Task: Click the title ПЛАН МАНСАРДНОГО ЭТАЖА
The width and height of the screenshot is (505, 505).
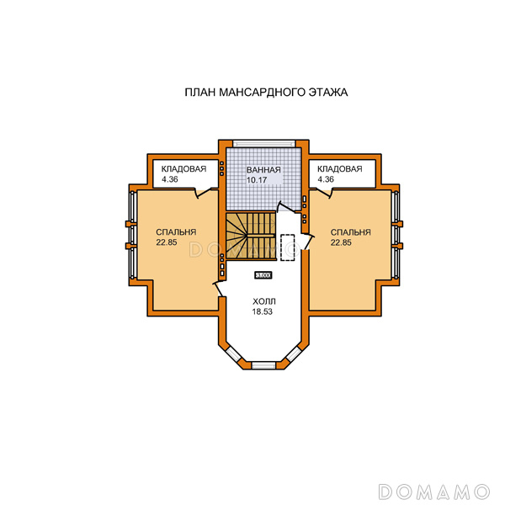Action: pyautogui.click(x=266, y=93)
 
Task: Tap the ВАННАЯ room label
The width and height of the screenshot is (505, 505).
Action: pyautogui.click(x=263, y=170)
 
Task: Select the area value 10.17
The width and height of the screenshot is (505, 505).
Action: pyautogui.click(x=257, y=180)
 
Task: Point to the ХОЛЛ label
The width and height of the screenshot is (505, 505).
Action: pyautogui.click(x=263, y=302)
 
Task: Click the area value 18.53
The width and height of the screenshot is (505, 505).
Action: pyautogui.click(x=262, y=311)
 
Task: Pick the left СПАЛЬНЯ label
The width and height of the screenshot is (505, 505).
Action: pyautogui.click(x=176, y=232)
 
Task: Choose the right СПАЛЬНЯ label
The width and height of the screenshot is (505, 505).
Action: pyautogui.click(x=350, y=232)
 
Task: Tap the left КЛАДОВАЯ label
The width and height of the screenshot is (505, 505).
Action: pyautogui.click(x=183, y=169)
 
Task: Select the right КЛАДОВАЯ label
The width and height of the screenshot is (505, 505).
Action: pyautogui.click(x=340, y=169)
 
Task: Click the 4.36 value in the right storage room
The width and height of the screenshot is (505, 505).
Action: pyautogui.click(x=326, y=179)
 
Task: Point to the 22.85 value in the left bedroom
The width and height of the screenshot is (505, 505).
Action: pyautogui.click(x=167, y=242)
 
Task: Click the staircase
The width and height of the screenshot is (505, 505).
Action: pyautogui.click(x=251, y=236)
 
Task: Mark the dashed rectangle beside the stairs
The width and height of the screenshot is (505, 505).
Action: pyautogui.click(x=288, y=247)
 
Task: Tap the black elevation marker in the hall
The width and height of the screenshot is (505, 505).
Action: pyautogui.click(x=263, y=275)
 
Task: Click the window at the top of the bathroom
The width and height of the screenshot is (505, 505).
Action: pyautogui.click(x=264, y=143)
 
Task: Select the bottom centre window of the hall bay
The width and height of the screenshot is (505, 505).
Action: pyautogui.click(x=263, y=365)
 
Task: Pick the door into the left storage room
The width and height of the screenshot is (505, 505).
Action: pyautogui.click(x=203, y=193)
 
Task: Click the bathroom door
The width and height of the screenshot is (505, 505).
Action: pyautogui.click(x=287, y=207)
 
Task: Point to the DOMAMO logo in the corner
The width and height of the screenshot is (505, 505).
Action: pyautogui.click(x=434, y=492)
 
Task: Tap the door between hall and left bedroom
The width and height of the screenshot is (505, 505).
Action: pyautogui.click(x=219, y=289)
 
